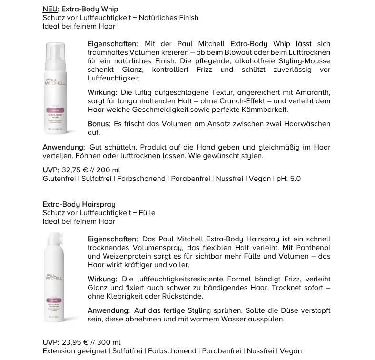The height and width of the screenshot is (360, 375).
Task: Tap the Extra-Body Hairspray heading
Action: tap(79, 204)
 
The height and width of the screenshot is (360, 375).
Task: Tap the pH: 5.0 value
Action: tap(289, 179)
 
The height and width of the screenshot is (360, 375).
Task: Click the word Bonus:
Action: tap(99, 124)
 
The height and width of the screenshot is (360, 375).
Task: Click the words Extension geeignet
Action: tap(75, 351)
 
